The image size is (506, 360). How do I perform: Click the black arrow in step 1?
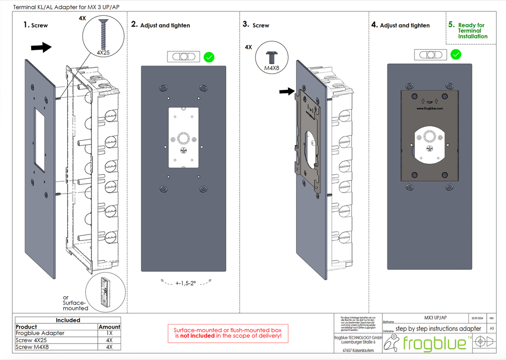tap(41, 47)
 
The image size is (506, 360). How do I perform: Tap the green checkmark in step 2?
tap(209, 57)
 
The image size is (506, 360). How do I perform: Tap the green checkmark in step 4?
tap(456, 54)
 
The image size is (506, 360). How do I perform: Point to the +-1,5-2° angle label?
tap(186, 283)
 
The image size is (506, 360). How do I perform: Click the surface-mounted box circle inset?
tap(106, 293)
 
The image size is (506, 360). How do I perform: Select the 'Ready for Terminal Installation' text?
tap(472, 31)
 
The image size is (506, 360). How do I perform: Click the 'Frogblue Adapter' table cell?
tap(40, 333)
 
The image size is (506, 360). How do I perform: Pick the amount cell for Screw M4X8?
tap(109, 347)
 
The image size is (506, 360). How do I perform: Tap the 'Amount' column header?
tap(109, 327)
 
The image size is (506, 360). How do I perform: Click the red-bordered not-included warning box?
tap(227, 333)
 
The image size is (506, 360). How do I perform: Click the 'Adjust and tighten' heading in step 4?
tap(405, 25)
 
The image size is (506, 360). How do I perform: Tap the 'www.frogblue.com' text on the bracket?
tap(429, 108)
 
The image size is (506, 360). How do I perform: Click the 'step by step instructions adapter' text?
tap(438, 328)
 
